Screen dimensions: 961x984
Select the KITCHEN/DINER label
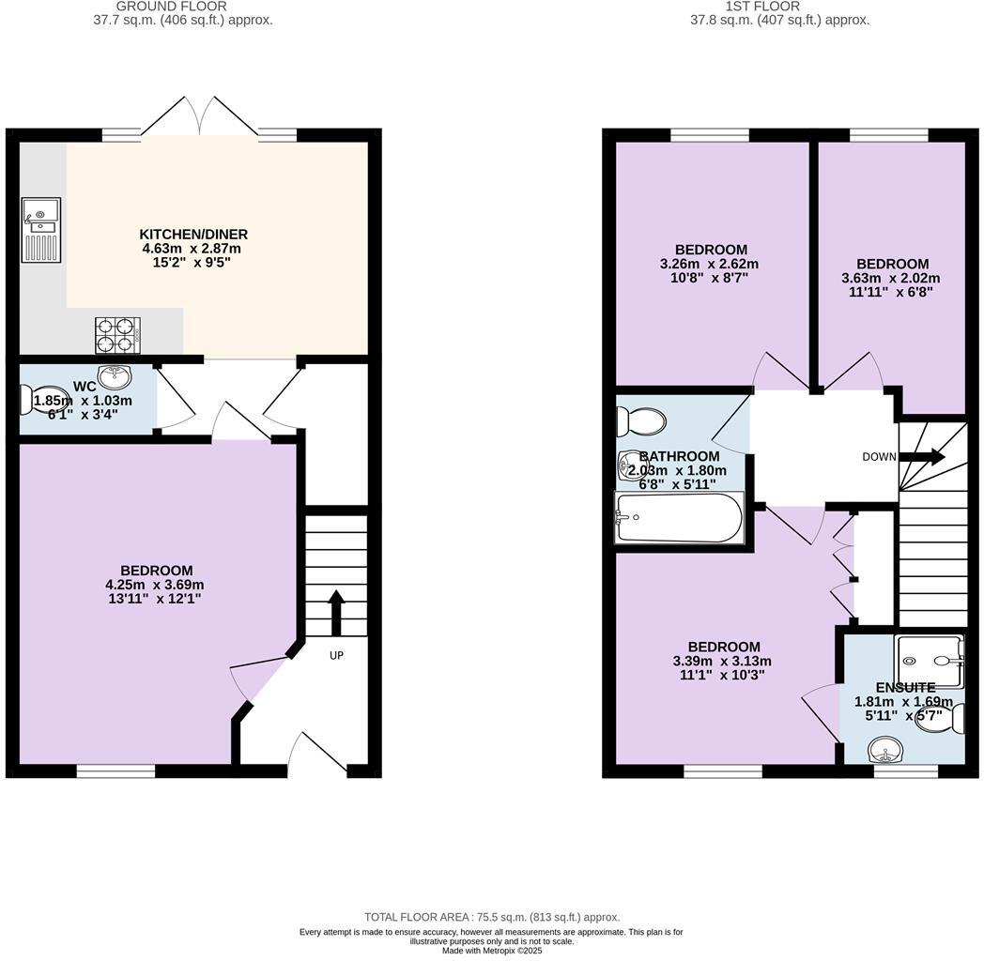[193, 234]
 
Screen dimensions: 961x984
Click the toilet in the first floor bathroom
[642, 422]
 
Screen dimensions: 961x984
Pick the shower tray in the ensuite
[929, 662]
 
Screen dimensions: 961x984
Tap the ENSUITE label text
[905, 687]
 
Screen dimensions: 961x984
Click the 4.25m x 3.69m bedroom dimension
[155, 585]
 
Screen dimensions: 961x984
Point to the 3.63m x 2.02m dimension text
[891, 278]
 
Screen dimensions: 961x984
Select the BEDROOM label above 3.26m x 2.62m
[711, 250]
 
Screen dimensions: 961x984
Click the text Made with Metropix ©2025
[491, 951]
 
